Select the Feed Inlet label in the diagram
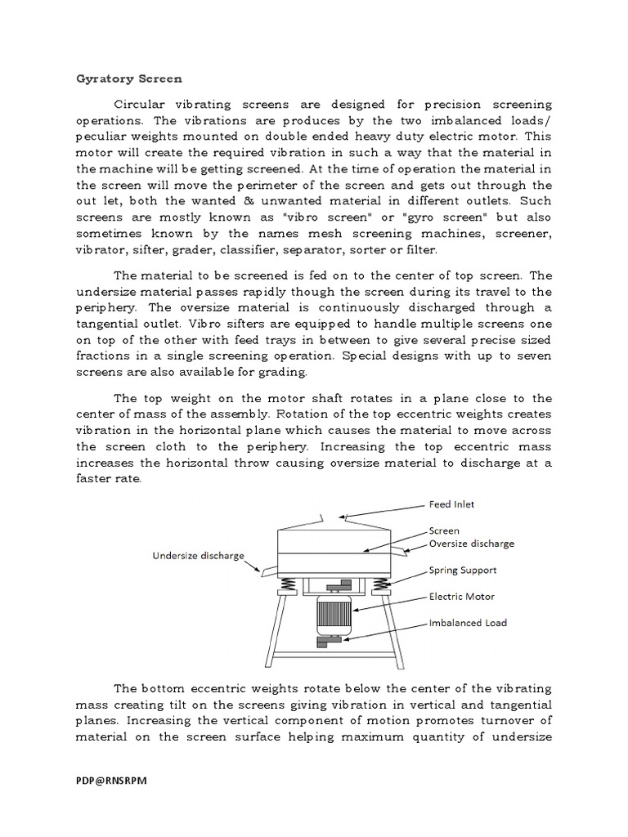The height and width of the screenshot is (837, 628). (x=451, y=504)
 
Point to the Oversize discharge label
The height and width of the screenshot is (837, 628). (x=472, y=543)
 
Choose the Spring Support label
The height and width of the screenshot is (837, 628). (x=463, y=570)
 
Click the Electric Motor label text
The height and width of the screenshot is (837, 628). (x=462, y=597)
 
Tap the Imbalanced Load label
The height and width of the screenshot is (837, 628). (x=468, y=623)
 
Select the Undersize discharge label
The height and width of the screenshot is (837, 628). (x=199, y=556)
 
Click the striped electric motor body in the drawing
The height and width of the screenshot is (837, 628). (x=334, y=614)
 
